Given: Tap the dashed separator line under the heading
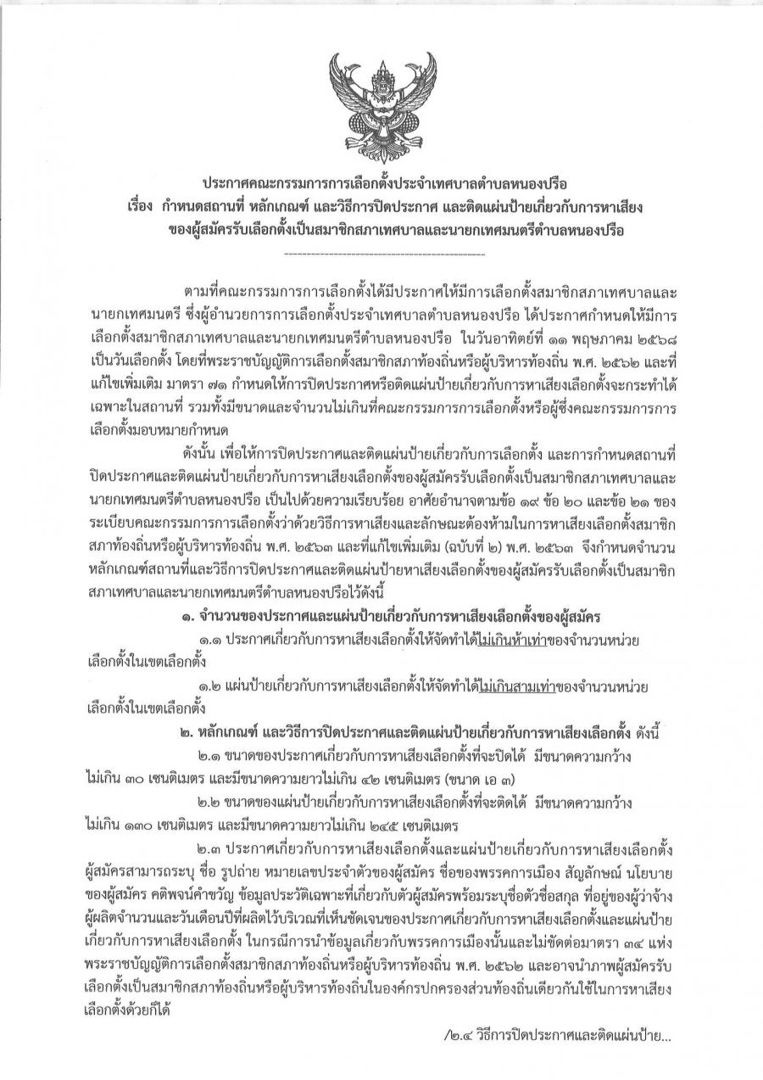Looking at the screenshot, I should [381, 254].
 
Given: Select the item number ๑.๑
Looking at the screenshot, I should [212, 638].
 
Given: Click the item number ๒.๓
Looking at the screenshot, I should [212, 859].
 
